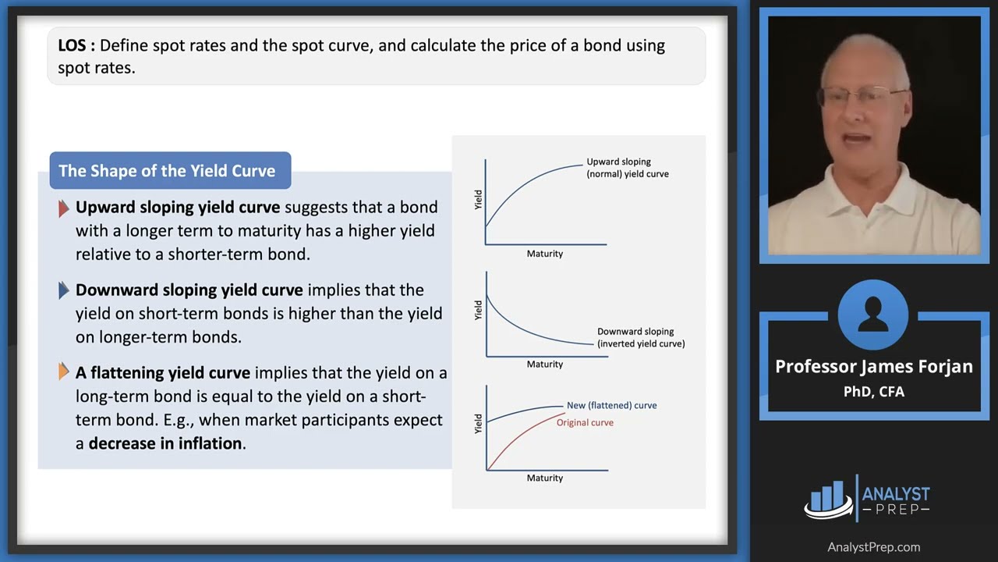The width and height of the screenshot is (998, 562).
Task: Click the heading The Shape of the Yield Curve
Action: pos(167,171)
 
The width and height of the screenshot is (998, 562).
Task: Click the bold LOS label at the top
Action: pos(76,45)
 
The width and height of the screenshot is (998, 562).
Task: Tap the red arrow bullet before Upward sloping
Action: pos(64,208)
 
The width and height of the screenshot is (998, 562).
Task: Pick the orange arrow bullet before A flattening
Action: pos(64,373)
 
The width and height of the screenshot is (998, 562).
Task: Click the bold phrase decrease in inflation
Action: pos(166,443)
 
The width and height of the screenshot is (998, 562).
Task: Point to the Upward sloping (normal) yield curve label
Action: pos(627,168)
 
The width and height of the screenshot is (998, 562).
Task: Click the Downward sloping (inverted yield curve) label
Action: pos(640,337)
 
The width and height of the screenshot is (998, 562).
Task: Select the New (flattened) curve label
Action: pos(611,405)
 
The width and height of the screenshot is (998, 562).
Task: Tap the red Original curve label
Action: pos(585,422)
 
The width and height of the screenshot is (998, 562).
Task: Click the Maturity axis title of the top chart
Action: pos(544,254)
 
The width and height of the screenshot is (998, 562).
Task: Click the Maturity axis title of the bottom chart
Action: pos(544,478)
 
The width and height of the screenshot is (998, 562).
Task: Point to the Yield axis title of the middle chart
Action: pos(478,310)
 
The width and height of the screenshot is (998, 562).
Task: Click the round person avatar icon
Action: pos(873,315)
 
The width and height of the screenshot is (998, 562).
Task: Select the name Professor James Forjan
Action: pos(873,366)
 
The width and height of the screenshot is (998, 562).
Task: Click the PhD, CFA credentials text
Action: pos(873,392)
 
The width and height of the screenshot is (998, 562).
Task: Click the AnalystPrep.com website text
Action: pos(873,547)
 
